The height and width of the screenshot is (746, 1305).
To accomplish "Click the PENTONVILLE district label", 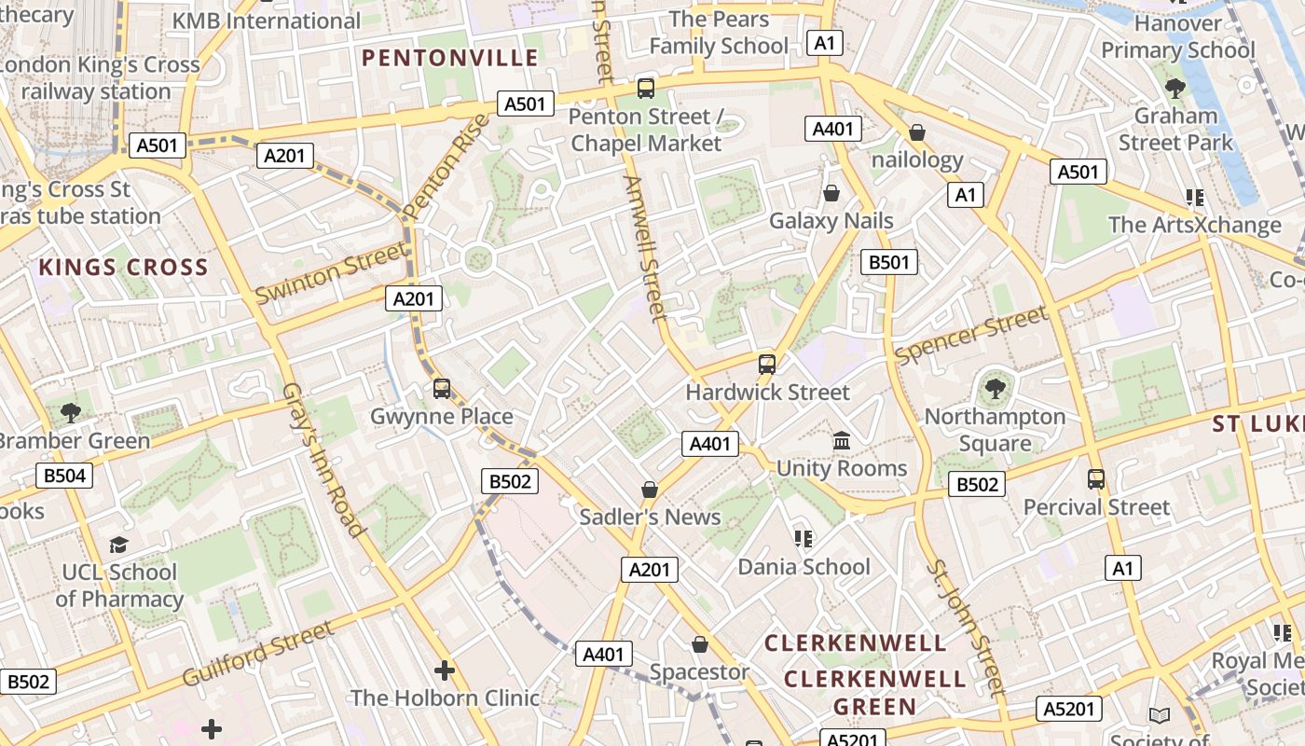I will coord(450,58).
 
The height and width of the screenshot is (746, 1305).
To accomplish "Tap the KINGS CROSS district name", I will coord(123,268).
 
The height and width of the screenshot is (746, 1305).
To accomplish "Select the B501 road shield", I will coord(888,262).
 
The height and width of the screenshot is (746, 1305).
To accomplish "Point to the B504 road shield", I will coord(64,476).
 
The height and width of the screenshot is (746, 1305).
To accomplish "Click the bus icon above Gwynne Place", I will coord(442,388).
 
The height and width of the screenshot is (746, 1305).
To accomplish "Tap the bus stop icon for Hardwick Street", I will coord(767,365).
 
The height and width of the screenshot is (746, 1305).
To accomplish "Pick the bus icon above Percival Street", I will coord(1096,479).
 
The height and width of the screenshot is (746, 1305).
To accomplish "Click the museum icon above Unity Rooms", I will coord(842,440).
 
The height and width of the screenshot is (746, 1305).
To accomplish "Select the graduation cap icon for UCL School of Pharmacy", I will coord(118,545).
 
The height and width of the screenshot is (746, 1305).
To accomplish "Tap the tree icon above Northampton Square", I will coord(995,388).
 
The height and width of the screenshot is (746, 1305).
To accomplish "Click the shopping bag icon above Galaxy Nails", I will coord(831,193).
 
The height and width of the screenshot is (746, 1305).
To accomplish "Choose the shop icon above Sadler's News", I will coord(650,490).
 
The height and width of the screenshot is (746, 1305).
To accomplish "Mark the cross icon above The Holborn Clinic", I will coord(445,670).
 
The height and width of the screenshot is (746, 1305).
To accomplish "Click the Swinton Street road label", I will coord(332,271).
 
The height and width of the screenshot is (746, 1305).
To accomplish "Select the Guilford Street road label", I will coord(258,654).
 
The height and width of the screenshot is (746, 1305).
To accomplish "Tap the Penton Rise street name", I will coord(447,166).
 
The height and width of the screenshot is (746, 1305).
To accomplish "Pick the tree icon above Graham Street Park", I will coord(1174,89).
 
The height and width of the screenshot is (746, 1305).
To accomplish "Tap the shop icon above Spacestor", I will coord(700,644).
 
